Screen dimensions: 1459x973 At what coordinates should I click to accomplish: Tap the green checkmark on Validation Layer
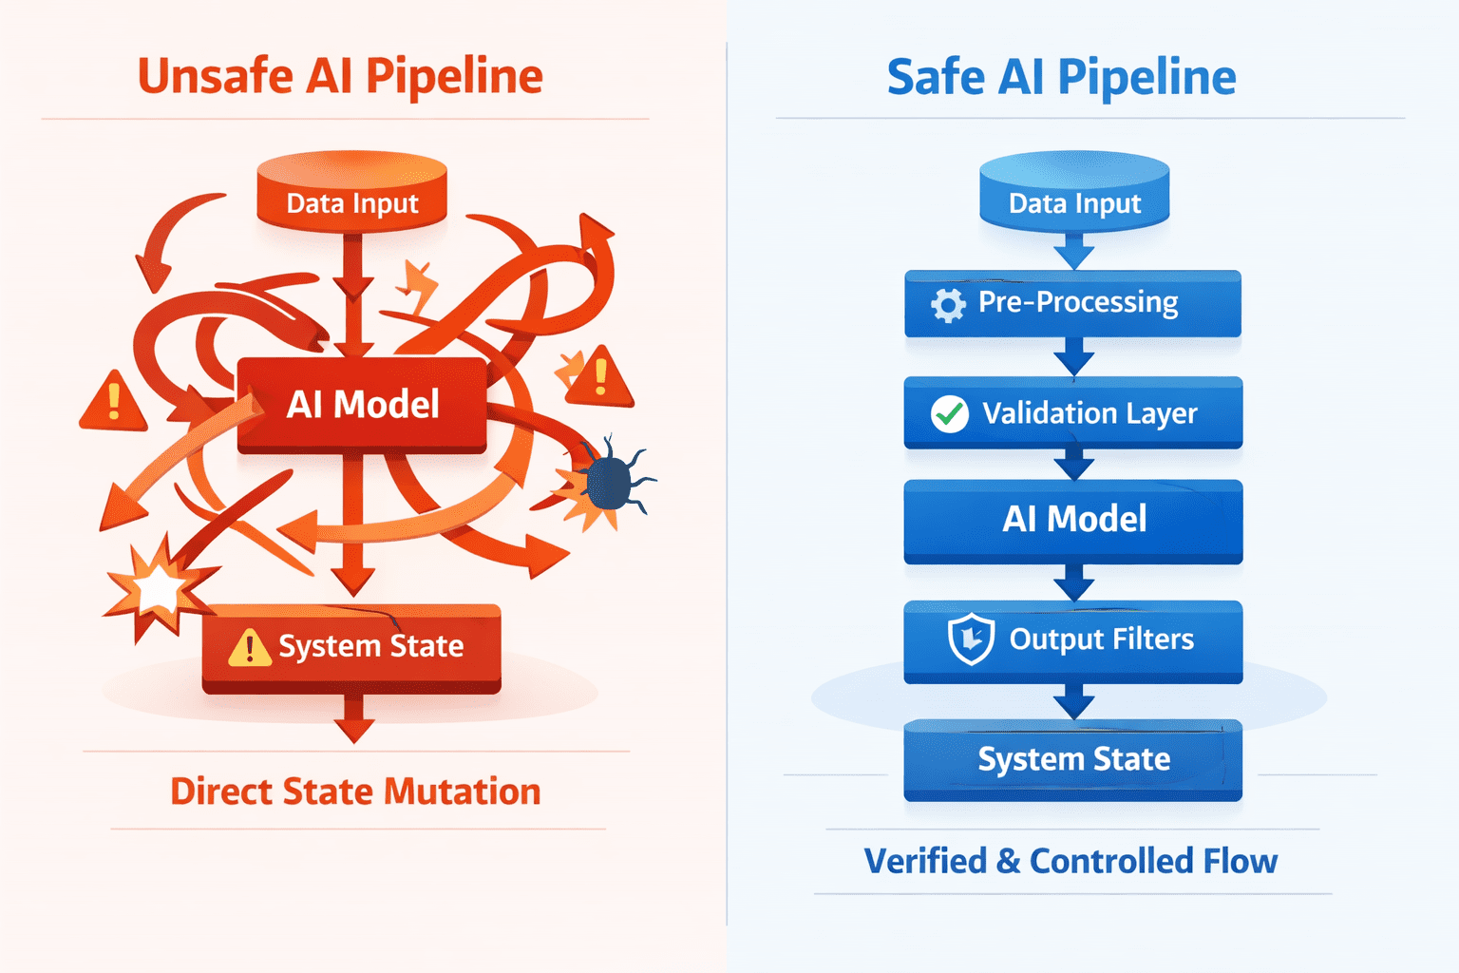pos(950,414)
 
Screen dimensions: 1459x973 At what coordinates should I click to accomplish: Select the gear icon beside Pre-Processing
pos(948,304)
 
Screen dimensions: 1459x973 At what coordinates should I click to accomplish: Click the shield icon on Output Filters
pos(971,639)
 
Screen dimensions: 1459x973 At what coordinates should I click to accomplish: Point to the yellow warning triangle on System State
pos(250,648)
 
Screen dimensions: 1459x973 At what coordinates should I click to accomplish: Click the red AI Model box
pos(362,405)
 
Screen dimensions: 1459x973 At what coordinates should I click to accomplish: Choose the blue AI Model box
pos(1073,522)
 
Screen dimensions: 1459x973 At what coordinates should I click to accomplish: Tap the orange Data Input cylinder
pos(352,192)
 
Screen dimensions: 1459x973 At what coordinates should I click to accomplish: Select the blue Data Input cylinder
pos(1074,192)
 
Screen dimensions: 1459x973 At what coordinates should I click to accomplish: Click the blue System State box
pos(1073,760)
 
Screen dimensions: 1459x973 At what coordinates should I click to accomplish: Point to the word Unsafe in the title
pos(216,76)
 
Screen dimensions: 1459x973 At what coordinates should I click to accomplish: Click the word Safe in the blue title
pos(936,77)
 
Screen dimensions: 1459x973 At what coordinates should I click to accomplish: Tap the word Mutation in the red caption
pos(463,792)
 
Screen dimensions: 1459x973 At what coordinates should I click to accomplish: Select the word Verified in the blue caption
pos(925,861)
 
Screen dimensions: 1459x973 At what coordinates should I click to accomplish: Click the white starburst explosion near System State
pos(159,588)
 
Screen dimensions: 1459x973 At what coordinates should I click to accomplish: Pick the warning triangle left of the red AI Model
pos(113,401)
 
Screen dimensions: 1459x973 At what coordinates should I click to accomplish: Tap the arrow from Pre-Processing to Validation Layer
pos(1073,356)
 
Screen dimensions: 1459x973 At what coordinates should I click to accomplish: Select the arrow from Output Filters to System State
pos(1073,702)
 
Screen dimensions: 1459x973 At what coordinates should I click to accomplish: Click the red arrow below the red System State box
pos(354,719)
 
